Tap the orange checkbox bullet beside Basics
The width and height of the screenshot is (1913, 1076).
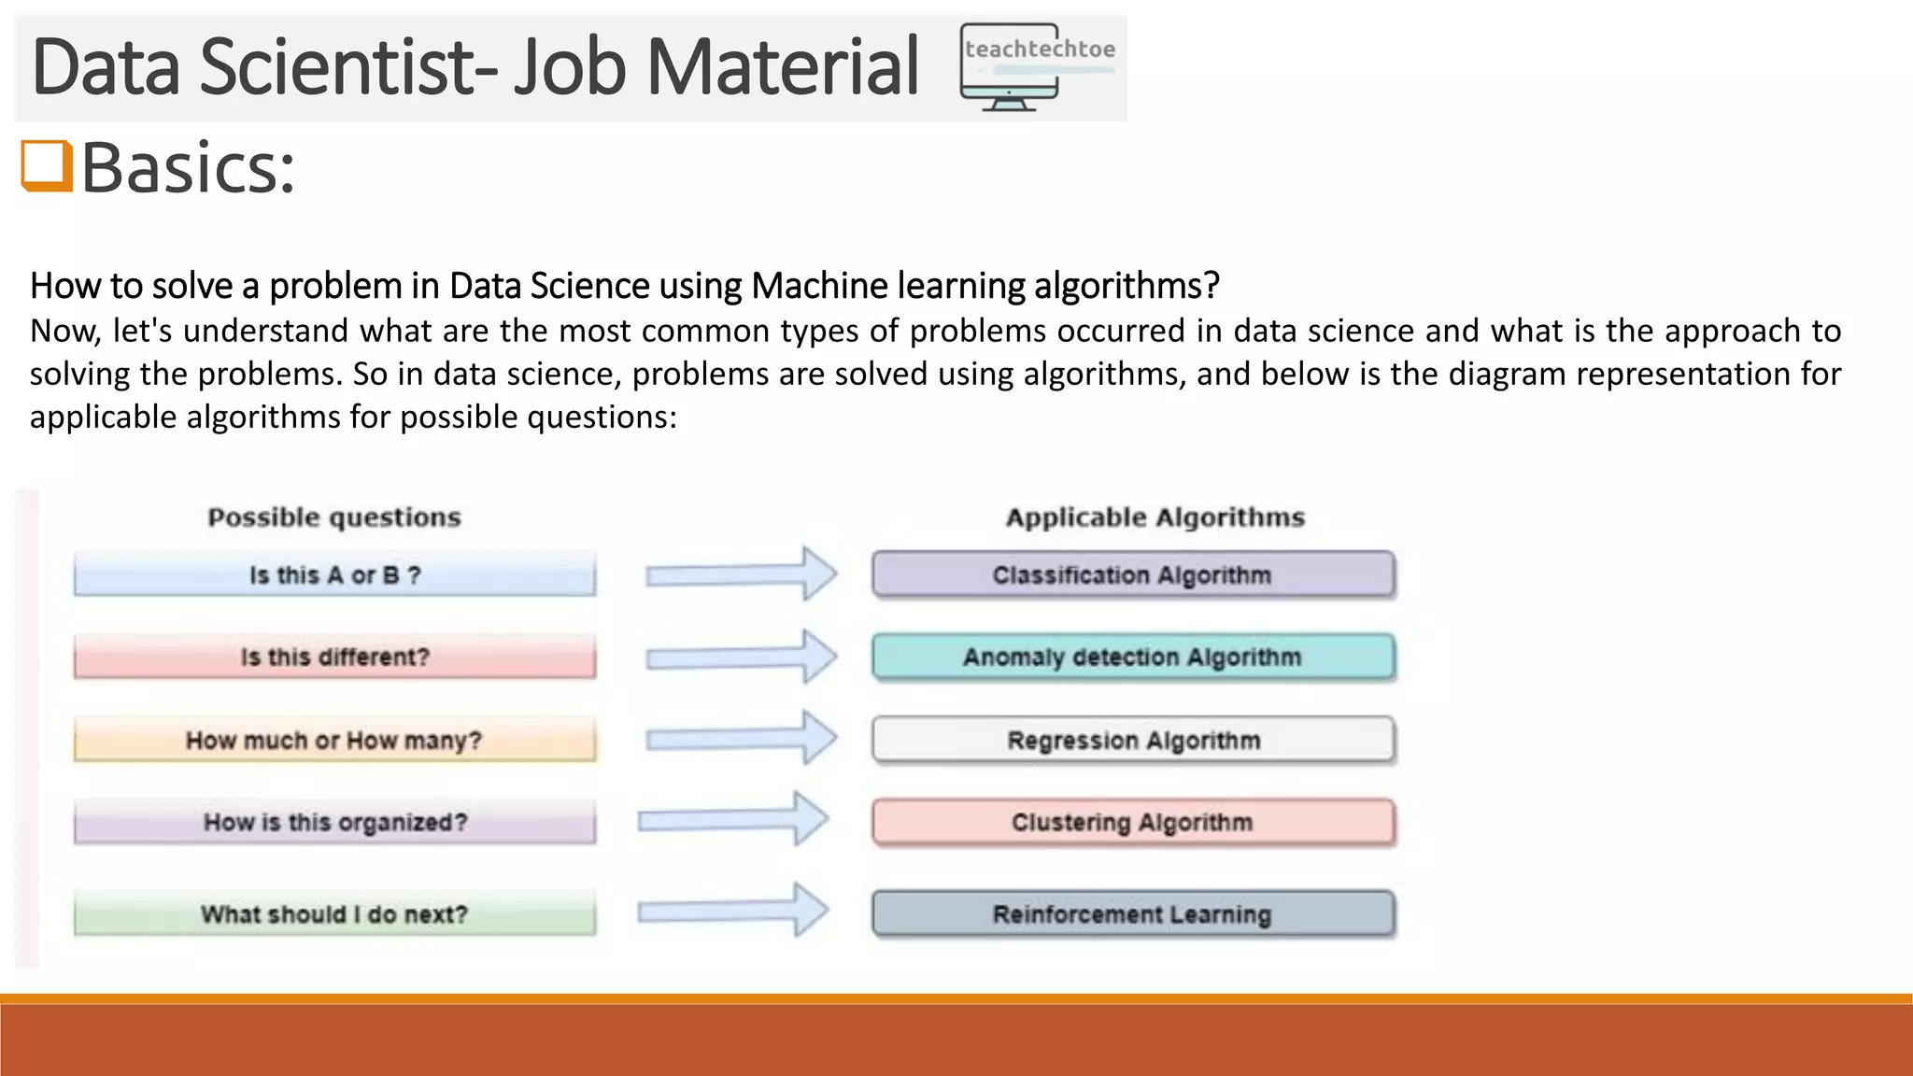(47, 165)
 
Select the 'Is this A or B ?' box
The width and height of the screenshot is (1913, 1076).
(334, 574)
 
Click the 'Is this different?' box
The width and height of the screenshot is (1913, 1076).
(334, 657)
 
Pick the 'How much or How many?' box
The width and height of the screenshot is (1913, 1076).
(334, 740)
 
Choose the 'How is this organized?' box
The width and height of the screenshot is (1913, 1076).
(334, 822)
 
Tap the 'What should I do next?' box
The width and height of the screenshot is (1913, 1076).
(334, 913)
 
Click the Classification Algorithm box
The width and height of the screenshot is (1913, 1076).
(1133, 574)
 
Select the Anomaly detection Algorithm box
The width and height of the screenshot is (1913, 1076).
(1133, 657)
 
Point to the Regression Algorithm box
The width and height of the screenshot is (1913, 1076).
(1133, 740)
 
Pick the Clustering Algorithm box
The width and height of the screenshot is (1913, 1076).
(1133, 822)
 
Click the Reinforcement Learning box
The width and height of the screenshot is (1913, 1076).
(1133, 913)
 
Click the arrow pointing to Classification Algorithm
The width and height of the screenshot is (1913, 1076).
(741, 574)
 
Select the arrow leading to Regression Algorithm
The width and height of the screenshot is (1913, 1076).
(741, 739)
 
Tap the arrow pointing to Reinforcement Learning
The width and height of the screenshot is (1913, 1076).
(733, 911)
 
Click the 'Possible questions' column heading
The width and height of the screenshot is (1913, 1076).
(334, 517)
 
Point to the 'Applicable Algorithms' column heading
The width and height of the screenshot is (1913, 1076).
(1155, 517)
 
